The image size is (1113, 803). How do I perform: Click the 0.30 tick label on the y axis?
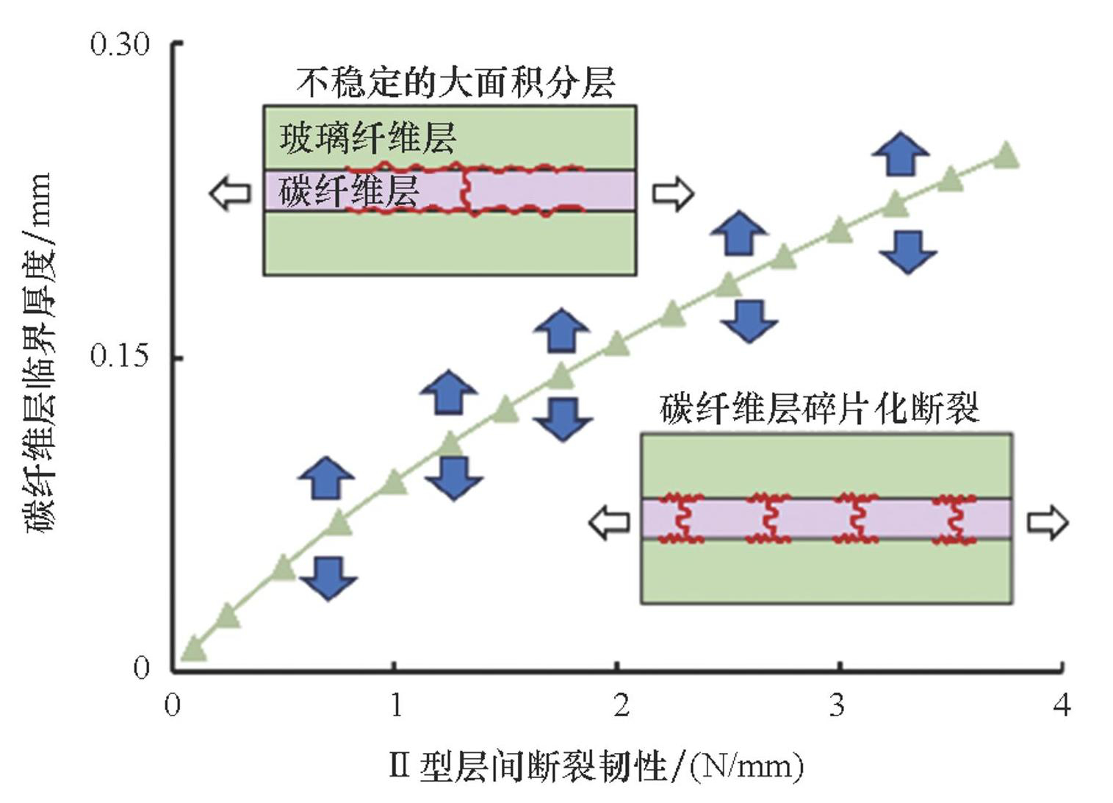pos(120,45)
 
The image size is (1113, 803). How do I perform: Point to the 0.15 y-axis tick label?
pos(120,357)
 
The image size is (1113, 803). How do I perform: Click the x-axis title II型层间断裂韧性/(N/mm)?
pos(596,767)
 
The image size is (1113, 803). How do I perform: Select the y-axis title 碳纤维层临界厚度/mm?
pos(38,353)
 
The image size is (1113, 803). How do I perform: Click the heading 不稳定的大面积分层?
pos(455,83)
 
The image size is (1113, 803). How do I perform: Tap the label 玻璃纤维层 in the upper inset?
pos(367,138)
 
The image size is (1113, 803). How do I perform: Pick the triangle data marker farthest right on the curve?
pos(1006,156)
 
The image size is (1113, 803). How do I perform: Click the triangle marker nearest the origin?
pos(193,648)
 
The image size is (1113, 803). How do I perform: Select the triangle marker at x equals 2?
pos(616,343)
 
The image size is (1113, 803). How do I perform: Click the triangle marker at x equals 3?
pos(839,231)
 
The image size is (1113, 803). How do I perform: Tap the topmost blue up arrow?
pos(901,153)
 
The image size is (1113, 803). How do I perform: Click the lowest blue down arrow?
pos(328,577)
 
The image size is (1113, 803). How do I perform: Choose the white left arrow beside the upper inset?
pos(230,194)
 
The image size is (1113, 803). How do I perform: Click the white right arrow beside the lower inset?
pos(1047,522)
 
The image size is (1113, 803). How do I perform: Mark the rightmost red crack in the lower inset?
pos(955,520)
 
